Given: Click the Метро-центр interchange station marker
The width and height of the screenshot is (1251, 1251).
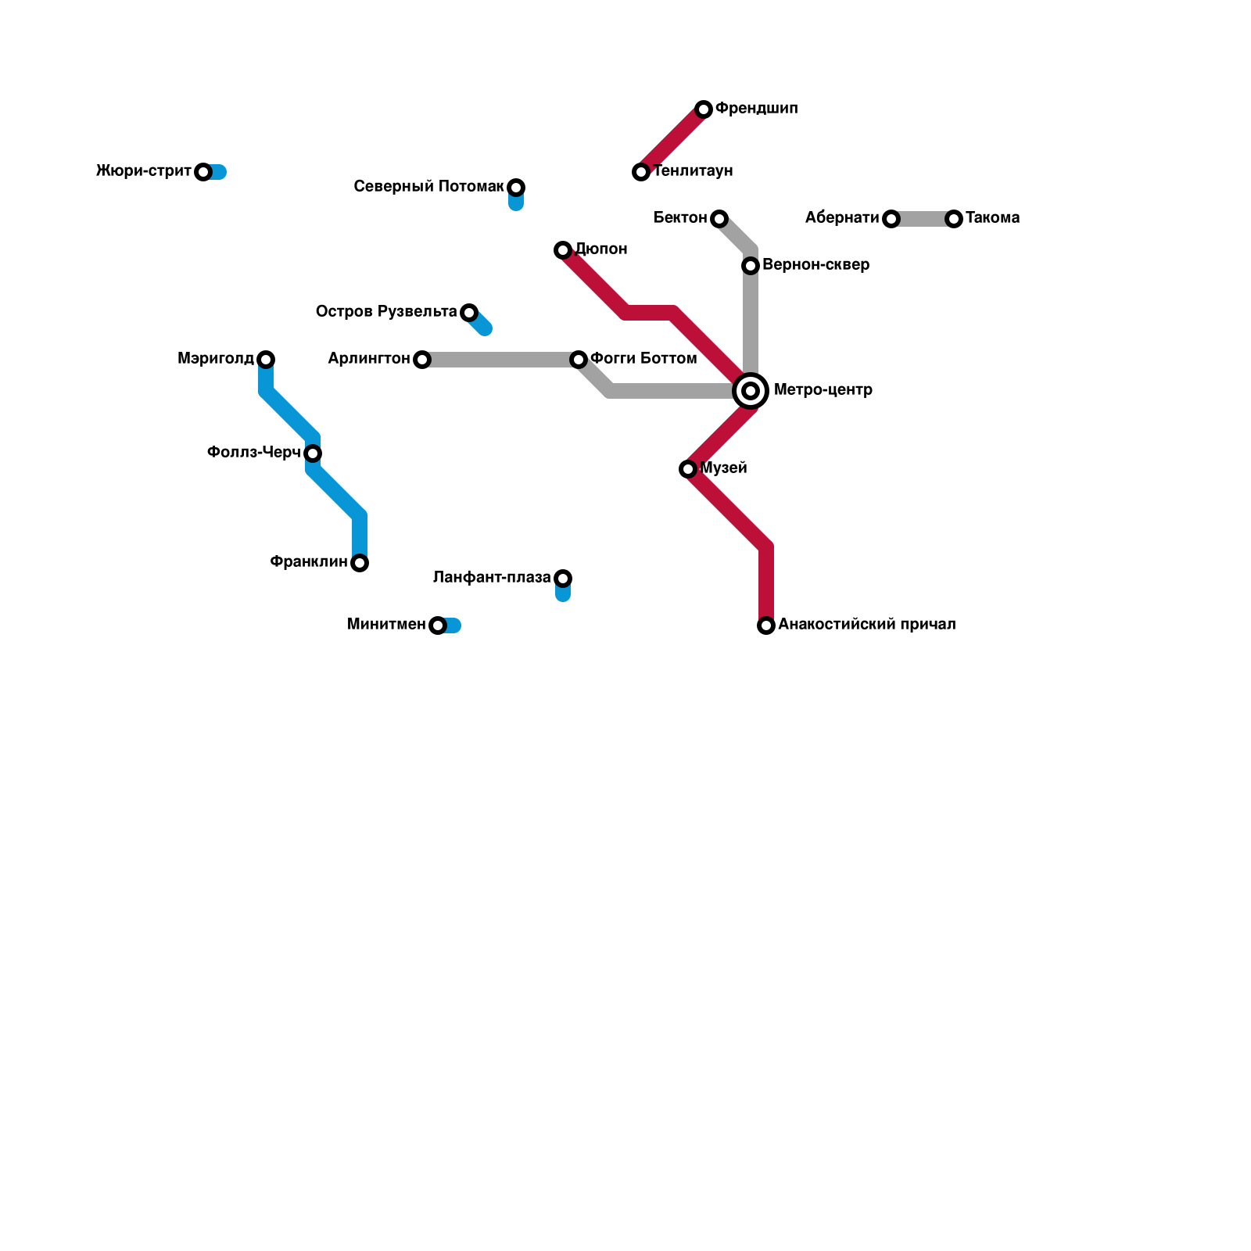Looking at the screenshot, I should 751,390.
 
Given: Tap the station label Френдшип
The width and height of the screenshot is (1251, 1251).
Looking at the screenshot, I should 756,109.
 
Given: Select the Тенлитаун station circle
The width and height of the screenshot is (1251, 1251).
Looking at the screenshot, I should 641,172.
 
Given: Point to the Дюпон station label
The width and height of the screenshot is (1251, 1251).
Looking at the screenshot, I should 600,249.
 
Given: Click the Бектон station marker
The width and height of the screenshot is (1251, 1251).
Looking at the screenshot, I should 719,219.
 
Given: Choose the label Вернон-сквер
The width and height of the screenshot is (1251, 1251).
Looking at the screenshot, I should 815,265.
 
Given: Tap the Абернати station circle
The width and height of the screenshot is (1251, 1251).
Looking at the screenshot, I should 891,219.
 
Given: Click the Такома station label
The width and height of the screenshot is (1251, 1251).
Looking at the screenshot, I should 992,218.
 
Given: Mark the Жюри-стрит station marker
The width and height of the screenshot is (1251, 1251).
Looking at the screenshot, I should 203,172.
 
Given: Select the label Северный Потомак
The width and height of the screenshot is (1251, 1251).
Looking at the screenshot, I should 428,187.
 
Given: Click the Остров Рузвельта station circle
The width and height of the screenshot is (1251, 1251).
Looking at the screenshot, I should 469,313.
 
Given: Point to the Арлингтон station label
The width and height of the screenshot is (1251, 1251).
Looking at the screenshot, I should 369,359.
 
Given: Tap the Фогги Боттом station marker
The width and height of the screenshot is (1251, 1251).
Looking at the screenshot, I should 579,360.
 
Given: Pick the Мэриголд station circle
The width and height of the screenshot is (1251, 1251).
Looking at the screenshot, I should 266,360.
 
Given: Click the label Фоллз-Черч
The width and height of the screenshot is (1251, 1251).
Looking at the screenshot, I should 253,453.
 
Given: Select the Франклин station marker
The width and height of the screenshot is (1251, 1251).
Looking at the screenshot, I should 360,563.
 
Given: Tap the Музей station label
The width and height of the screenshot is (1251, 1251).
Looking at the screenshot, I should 723,468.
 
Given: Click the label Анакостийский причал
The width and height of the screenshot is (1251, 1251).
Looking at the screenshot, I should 866,625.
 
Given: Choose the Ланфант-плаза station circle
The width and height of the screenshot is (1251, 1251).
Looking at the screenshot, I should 563,579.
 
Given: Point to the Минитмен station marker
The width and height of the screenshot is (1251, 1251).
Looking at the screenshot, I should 438,625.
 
